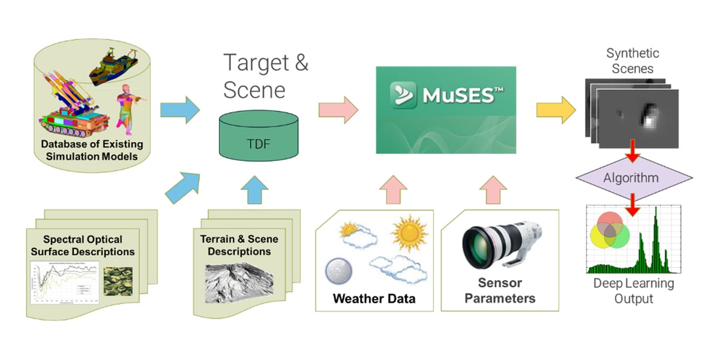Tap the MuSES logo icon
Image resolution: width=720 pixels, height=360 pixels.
point(404,95)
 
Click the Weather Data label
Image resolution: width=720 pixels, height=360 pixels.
point(374,298)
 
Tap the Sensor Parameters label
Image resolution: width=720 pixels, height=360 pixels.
point(500,290)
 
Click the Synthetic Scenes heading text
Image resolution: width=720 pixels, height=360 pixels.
point(632,61)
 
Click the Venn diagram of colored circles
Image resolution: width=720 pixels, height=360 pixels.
point(608,233)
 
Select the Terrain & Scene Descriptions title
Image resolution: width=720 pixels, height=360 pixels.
point(239,245)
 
